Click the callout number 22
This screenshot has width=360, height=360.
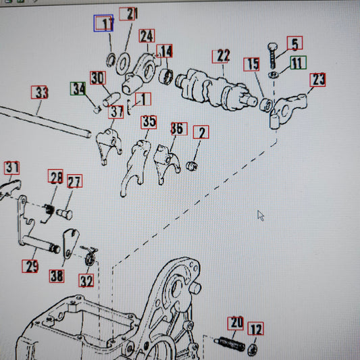[x=221, y=57]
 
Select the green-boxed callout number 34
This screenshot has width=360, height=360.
[x=78, y=88]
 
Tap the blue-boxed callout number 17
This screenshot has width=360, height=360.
[x=103, y=23]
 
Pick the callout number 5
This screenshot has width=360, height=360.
[x=294, y=43]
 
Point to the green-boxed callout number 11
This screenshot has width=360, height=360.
[x=299, y=62]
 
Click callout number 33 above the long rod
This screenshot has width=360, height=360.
[x=40, y=93]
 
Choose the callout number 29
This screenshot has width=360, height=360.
[x=30, y=266]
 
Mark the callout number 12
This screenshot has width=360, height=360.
[x=255, y=328]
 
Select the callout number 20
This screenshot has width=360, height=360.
[x=236, y=324]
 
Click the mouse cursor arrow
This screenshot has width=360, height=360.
[x=261, y=216]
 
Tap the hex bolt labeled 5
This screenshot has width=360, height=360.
[x=273, y=55]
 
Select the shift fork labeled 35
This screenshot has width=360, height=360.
[x=136, y=165]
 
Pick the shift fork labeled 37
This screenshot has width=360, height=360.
[x=108, y=145]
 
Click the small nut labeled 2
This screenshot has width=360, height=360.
[x=192, y=165]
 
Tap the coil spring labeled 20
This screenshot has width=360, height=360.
[x=229, y=344]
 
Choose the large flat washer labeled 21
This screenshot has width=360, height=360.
[x=124, y=64]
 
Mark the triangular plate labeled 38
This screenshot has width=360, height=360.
[x=70, y=244]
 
